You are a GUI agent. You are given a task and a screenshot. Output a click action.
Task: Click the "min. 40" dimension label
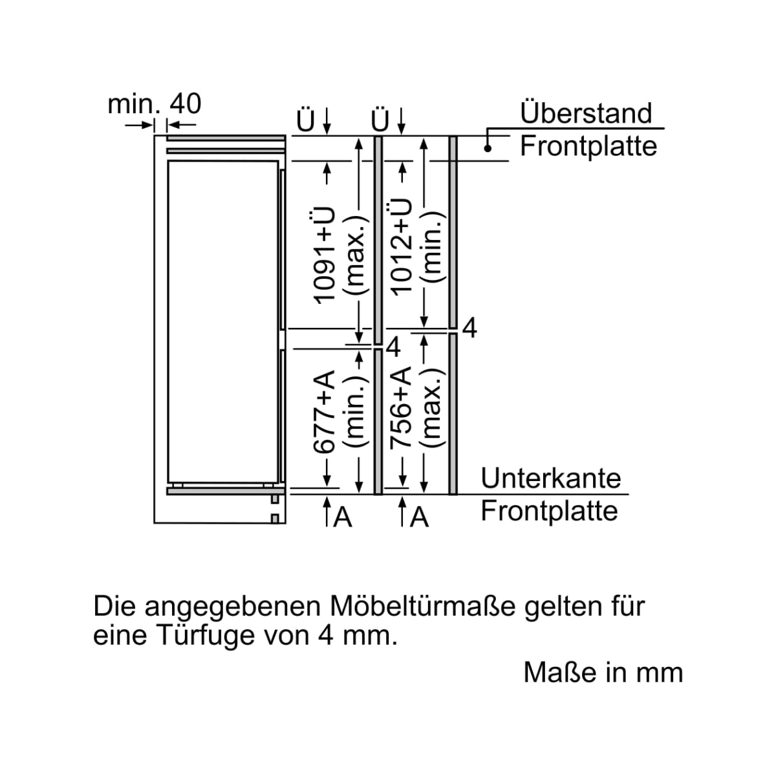[155, 104]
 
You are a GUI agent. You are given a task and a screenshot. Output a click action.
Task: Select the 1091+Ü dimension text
[323, 255]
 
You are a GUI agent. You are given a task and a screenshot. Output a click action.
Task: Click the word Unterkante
[551, 478]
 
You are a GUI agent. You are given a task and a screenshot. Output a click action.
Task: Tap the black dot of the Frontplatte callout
[488, 149]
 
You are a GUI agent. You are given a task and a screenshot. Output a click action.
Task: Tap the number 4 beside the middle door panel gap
[393, 347]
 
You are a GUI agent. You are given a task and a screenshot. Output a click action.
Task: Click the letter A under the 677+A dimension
[343, 517]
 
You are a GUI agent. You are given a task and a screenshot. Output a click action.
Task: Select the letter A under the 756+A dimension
[419, 517]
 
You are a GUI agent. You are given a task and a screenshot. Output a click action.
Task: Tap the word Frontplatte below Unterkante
[549, 511]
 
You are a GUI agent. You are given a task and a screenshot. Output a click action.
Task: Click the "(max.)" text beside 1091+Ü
[356, 261]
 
